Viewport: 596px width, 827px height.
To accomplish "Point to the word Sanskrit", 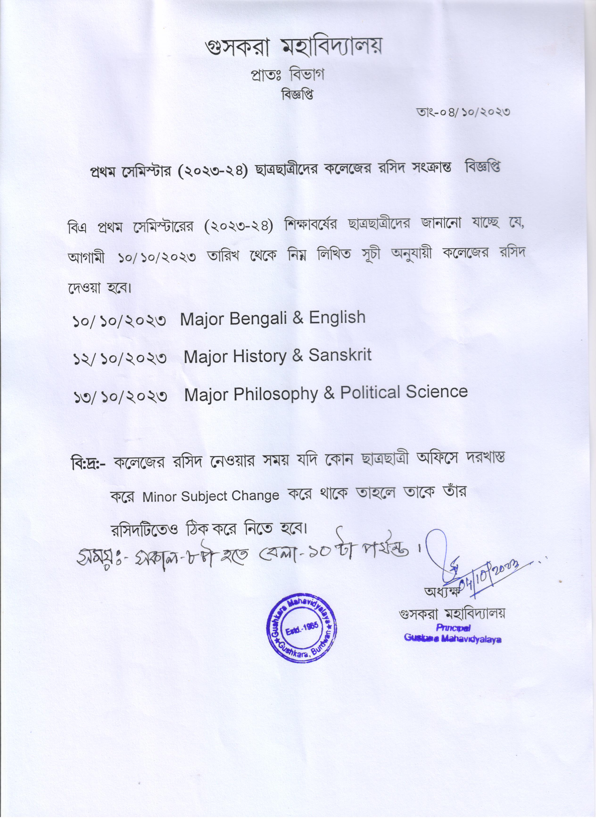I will coord(340,355).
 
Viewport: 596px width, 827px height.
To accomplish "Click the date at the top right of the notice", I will coord(463,112).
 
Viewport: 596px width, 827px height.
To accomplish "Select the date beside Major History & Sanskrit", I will coord(120,358).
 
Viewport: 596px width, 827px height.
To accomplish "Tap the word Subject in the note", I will coord(204,497).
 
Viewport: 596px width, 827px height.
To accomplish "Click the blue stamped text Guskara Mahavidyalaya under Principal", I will coord(452,639).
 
